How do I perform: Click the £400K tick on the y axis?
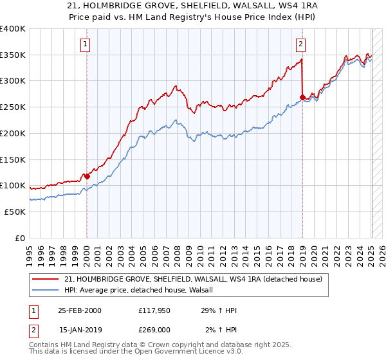[x=12, y=29]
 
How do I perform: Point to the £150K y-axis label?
[x=12, y=159]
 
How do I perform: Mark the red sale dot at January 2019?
[x=302, y=98]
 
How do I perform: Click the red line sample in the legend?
[x=46, y=279]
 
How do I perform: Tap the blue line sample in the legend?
[x=46, y=290]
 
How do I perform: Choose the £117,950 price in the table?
[x=153, y=310]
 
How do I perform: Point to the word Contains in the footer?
[x=44, y=346]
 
